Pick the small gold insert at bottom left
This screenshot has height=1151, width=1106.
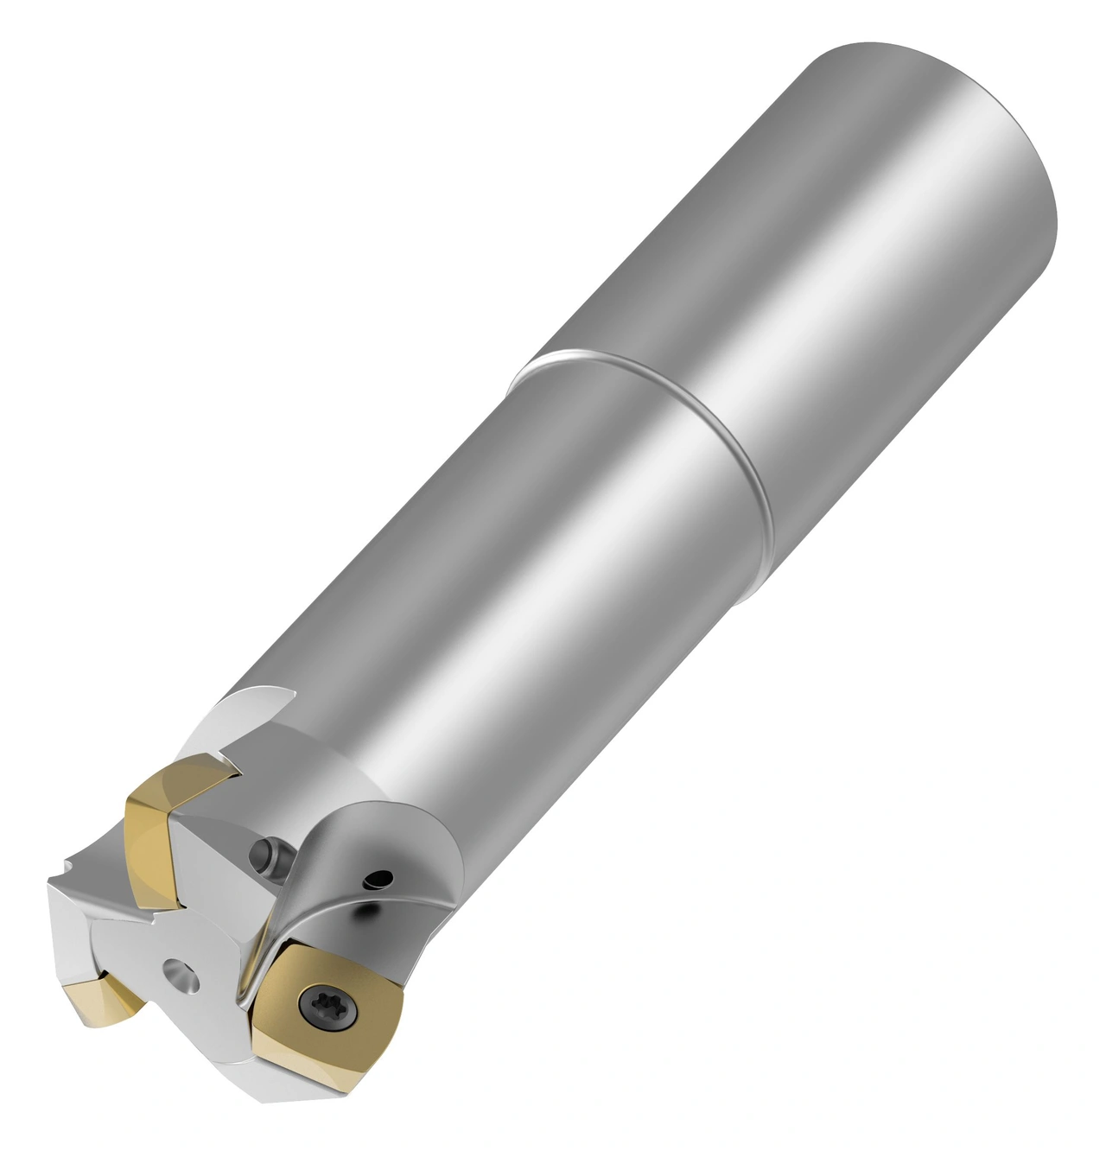point(105,1005)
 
